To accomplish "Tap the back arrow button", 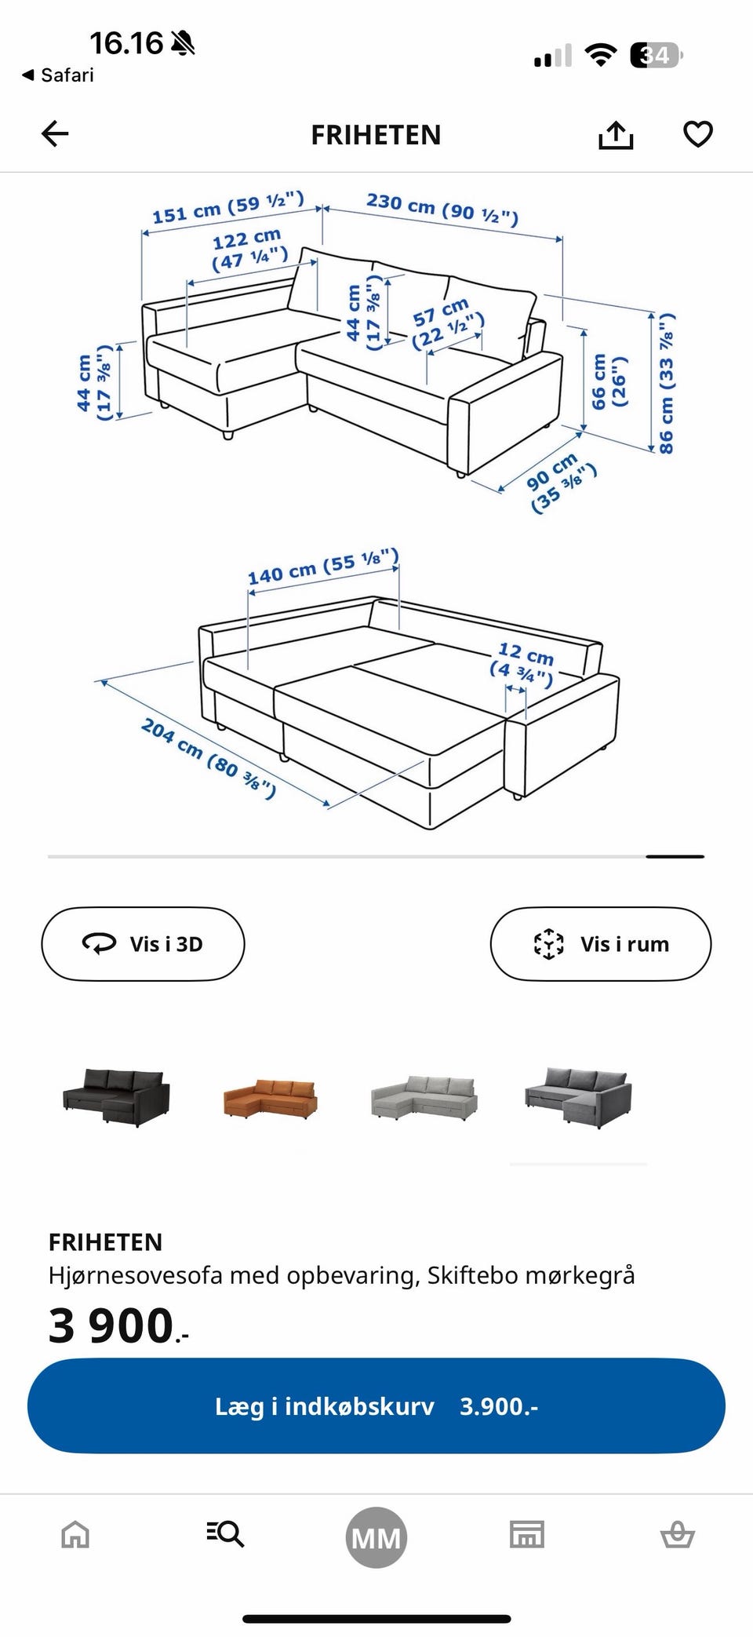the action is click(55, 133).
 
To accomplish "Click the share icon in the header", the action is click(616, 134).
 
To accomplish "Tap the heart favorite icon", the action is click(698, 134).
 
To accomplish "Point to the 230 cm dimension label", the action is click(442, 206).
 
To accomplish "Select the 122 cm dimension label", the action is click(249, 248).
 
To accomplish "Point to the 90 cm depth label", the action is click(561, 483).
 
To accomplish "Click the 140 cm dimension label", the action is click(323, 566).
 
